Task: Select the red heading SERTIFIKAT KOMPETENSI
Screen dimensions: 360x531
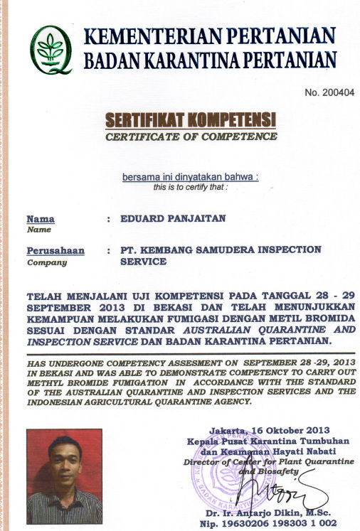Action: click(x=190, y=119)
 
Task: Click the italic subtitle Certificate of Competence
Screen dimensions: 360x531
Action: click(x=191, y=136)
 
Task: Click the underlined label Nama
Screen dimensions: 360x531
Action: click(x=40, y=219)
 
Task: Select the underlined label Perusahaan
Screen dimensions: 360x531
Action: click(x=55, y=250)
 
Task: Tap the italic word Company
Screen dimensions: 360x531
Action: click(x=46, y=262)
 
